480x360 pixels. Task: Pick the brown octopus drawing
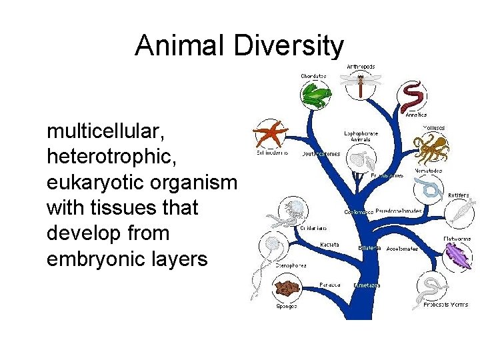point(431,148)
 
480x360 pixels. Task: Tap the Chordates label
point(313,76)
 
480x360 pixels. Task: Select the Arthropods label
point(361,67)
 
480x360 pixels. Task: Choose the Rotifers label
point(458,195)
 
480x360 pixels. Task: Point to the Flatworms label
point(457,239)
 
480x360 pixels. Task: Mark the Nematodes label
point(429,171)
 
